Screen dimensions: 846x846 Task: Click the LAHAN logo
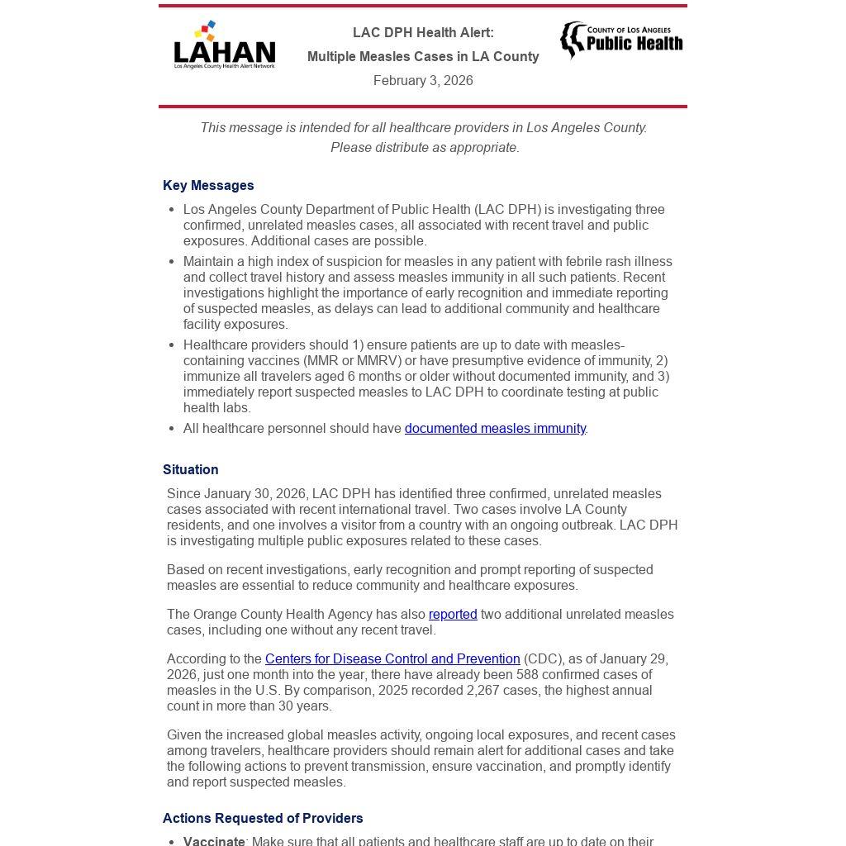point(224,46)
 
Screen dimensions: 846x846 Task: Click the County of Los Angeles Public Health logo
point(621,40)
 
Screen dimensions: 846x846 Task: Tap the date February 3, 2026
point(423,81)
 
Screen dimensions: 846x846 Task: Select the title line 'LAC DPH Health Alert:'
point(423,33)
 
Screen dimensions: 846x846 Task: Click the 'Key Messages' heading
point(208,186)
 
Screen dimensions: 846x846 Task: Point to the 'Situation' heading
point(191,470)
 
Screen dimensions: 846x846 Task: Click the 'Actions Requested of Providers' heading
point(263,819)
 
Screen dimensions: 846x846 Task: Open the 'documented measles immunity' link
point(495,429)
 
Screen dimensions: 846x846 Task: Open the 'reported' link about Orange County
point(453,615)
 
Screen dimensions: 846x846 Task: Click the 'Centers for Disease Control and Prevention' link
point(392,659)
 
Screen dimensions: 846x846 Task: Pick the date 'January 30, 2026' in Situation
point(252,494)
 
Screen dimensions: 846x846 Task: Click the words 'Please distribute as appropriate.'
point(425,148)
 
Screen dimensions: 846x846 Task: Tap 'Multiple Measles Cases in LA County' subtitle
point(423,57)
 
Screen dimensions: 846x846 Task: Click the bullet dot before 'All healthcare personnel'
point(171,429)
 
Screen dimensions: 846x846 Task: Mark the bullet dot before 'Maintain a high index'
point(171,262)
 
